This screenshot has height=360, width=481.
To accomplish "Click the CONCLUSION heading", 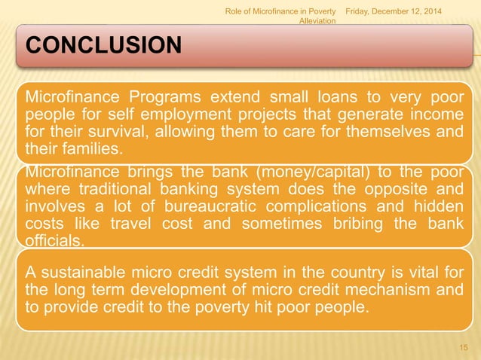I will [104, 47].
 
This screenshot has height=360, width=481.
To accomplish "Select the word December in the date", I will [397, 9].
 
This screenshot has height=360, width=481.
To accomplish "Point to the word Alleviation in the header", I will [317, 21].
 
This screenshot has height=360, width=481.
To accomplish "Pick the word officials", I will [54, 241].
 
